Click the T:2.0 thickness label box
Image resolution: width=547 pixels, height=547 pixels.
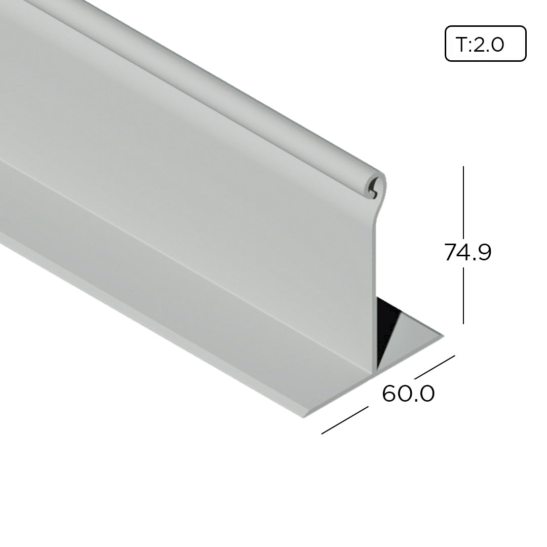485,44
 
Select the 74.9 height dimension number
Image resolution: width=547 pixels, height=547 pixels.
467,252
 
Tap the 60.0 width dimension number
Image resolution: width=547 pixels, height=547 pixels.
408,394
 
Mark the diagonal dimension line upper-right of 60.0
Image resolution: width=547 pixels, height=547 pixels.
435,367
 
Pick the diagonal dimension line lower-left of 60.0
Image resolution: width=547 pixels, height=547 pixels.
345,420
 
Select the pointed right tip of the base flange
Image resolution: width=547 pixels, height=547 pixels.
443,335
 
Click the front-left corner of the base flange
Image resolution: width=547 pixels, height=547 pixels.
304,417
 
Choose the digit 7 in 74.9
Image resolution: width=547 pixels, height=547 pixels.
450,252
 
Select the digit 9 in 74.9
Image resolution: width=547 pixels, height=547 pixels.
483,252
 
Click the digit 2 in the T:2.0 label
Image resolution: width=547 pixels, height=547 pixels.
480,45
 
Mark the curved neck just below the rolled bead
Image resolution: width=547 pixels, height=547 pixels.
375,213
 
